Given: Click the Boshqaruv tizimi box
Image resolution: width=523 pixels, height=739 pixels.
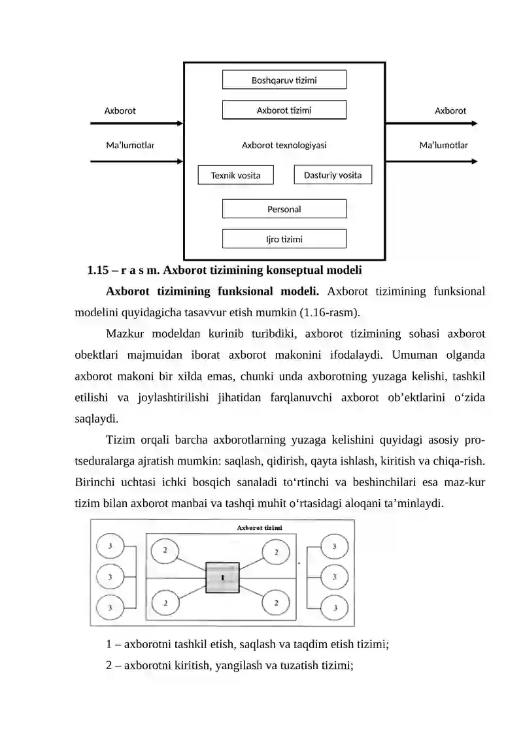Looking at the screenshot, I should pyautogui.click(x=284, y=80).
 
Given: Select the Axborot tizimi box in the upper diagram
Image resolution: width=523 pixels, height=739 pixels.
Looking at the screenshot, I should pyautogui.click(x=284, y=110).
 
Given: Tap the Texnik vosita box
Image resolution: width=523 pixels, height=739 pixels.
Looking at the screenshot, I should pyautogui.click(x=235, y=175).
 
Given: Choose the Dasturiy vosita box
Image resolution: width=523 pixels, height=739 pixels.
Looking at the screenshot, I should pyautogui.click(x=333, y=174).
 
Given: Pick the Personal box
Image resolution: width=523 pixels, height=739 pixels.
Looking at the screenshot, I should pyautogui.click(x=284, y=209).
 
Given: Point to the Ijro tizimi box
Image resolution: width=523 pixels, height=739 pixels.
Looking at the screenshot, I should pyautogui.click(x=284, y=239).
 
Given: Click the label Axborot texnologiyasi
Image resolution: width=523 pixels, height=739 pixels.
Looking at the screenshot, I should pyautogui.click(x=284, y=145).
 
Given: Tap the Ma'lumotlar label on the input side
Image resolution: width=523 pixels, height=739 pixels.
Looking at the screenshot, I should pyautogui.click(x=130, y=145).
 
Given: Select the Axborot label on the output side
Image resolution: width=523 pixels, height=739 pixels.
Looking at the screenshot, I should pyautogui.click(x=450, y=110).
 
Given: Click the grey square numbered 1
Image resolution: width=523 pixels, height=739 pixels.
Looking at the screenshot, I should pyautogui.click(x=222, y=578).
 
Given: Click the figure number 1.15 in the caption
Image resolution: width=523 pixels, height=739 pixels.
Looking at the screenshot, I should pyautogui.click(x=96, y=269).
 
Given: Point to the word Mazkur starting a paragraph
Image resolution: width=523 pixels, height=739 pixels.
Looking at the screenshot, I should pyautogui.click(x=125, y=334).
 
